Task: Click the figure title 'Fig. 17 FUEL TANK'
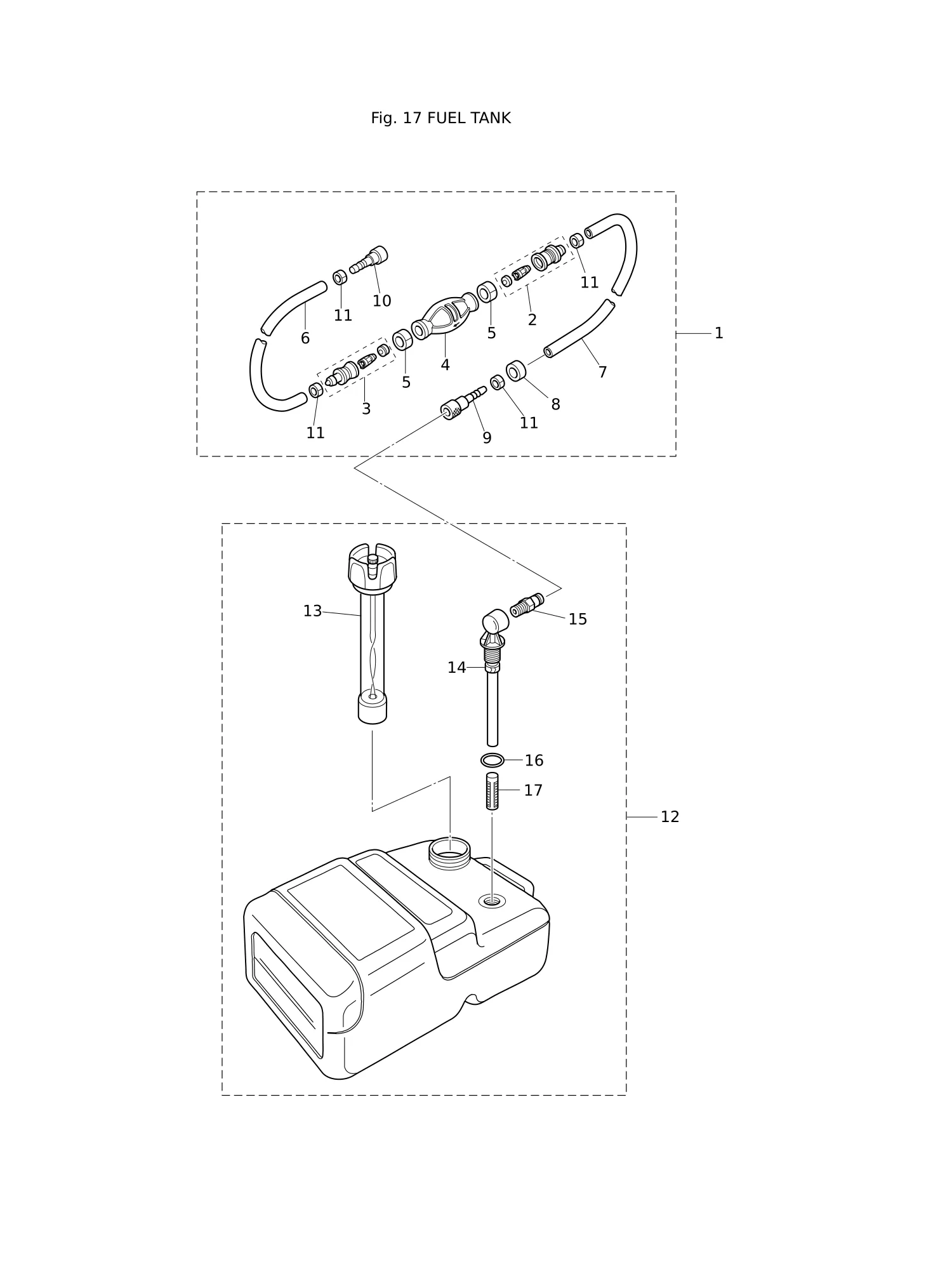[x=440, y=119]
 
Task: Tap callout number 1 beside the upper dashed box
[x=718, y=333]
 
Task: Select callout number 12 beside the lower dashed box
[x=670, y=817]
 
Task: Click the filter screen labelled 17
[x=493, y=791]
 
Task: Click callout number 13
[x=312, y=611]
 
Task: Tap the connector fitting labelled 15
[x=527, y=604]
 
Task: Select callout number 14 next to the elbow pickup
[x=456, y=668]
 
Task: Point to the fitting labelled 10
[x=369, y=260]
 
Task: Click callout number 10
[x=381, y=301]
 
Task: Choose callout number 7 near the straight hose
[x=602, y=373]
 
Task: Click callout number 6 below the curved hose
[x=305, y=338]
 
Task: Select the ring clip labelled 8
[x=516, y=371]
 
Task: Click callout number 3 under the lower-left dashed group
[x=366, y=409]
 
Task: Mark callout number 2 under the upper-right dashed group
[x=532, y=320]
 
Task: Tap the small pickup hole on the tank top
[x=492, y=900]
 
